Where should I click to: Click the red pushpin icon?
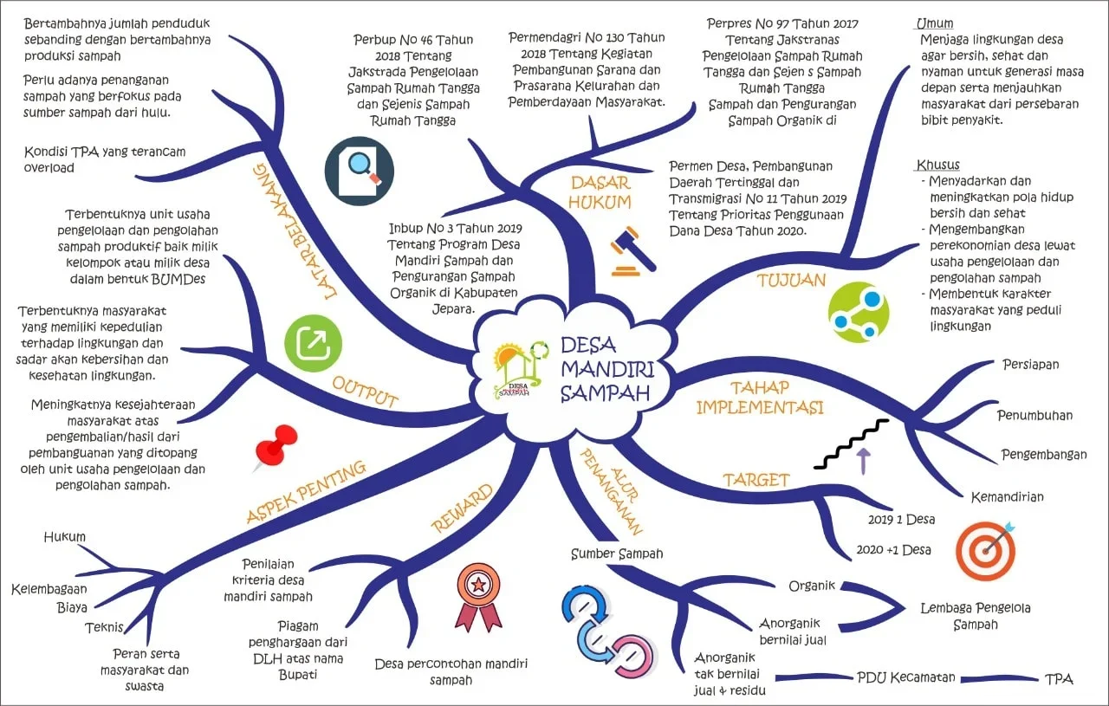276,447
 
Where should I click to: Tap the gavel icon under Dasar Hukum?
632,251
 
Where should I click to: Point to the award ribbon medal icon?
477,596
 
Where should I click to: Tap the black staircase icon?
852,443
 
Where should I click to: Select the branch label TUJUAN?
791,280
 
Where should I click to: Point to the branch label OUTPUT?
365,392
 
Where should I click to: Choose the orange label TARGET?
756,479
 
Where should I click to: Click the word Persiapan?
1030,364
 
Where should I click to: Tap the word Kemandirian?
1007,496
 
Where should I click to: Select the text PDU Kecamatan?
905,677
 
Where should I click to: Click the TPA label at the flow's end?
1059,678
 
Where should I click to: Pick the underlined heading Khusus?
937,165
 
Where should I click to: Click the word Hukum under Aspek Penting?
65,537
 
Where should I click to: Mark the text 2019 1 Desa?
901,520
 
